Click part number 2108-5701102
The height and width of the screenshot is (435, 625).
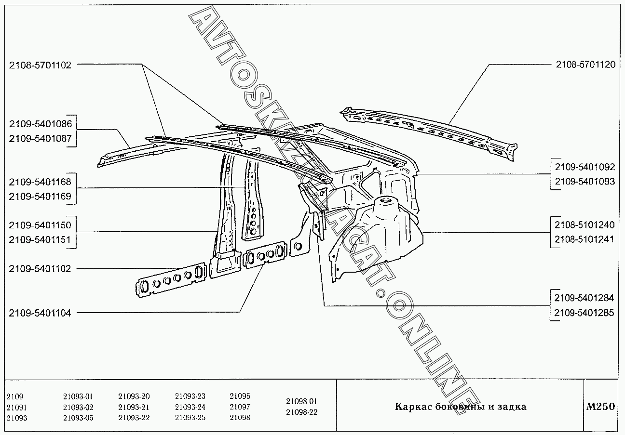40,65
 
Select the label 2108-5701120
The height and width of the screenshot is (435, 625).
585,65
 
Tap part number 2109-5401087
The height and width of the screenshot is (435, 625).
41,139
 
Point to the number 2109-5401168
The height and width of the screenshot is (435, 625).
40,182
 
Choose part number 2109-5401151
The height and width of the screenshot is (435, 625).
40,239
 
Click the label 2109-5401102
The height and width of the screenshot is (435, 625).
40,269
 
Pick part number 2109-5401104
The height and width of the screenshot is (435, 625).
40,313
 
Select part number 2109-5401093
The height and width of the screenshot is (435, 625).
585,182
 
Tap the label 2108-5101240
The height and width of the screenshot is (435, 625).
584,225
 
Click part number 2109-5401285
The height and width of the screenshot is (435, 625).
584,313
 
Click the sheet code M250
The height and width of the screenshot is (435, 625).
600,407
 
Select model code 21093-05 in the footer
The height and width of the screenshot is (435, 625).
78,418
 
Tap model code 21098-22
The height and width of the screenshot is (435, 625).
301,412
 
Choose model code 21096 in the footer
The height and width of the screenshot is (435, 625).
240,396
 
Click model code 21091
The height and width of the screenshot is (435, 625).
17,408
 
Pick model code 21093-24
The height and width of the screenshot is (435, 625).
190,407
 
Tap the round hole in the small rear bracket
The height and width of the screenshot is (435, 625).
298,246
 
